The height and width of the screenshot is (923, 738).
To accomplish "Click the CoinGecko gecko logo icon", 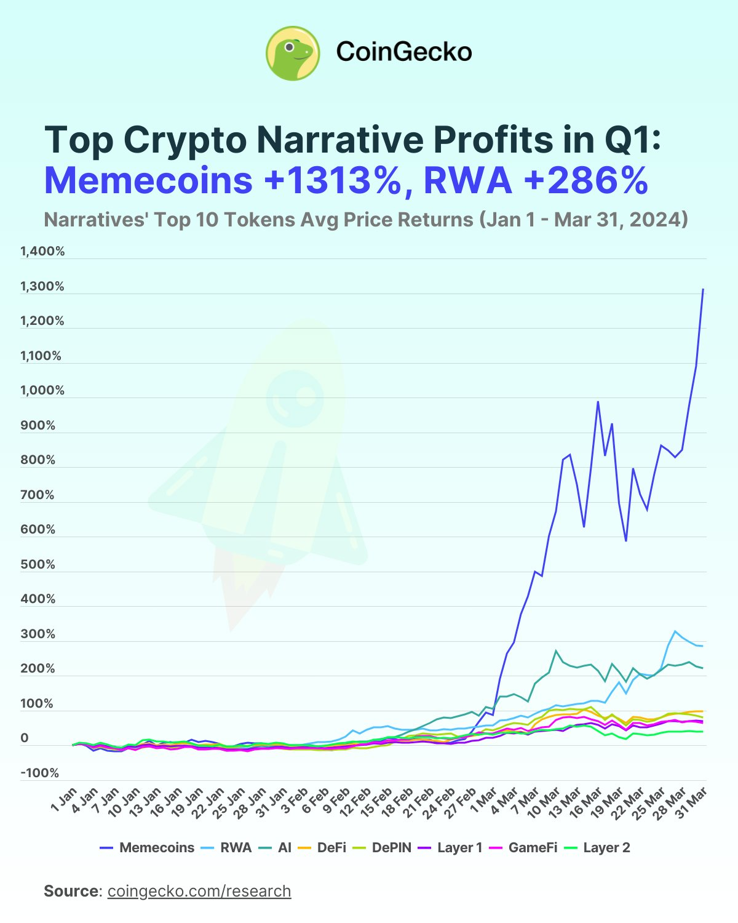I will tap(293, 53).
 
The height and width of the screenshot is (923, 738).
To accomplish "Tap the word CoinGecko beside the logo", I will tap(403, 52).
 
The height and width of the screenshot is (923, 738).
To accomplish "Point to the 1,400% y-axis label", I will tap(42, 251).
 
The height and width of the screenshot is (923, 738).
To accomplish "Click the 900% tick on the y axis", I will tap(38, 425).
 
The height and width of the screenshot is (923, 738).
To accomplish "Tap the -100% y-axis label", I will tap(40, 773).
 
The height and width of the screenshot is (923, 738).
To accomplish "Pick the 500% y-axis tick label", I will tap(38, 564).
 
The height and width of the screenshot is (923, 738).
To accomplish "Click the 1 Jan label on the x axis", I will tap(65, 799).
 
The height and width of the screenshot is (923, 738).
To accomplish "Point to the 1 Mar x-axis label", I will tap(484, 800).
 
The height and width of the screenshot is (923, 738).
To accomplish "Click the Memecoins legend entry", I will tap(147, 848).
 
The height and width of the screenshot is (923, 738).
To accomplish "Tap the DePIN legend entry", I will tap(383, 848).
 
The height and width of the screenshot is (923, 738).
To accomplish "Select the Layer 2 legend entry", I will tap(597, 848).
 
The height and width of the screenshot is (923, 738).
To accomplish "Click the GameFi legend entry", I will tap(523, 848).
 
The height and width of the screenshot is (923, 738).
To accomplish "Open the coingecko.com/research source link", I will tap(199, 891).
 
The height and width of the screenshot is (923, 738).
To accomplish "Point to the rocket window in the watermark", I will tap(296, 398).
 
